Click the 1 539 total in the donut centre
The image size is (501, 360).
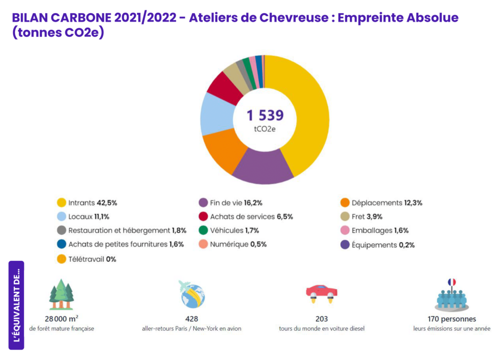coord(265,115)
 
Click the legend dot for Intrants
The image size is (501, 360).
coord(62,202)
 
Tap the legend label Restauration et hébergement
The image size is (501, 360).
coord(119,230)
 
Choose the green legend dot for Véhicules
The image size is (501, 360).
coord(203,230)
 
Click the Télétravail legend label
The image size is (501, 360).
coord(87,259)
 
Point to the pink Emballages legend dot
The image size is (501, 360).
coord(344,230)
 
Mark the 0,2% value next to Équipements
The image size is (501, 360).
coord(407,245)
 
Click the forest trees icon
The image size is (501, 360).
coord(61,294)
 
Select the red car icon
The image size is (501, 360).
coord(321,292)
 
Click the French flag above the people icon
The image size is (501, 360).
coord(451,282)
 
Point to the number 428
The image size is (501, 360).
coord(191,318)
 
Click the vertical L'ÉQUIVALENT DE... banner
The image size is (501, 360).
coord(16,305)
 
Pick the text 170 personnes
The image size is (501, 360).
coord(451,318)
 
